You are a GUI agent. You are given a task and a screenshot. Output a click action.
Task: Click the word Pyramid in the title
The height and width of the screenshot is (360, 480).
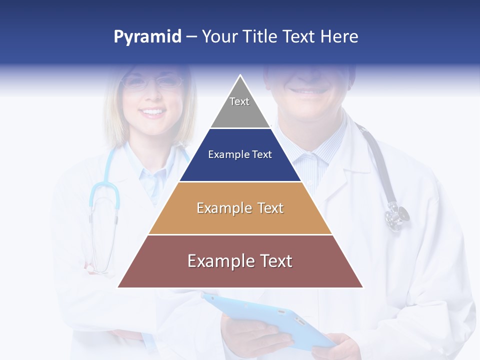[147, 36]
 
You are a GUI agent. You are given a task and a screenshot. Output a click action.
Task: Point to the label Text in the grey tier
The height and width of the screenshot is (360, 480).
[239, 101]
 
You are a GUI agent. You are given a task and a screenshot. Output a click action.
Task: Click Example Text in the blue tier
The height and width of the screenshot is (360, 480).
[240, 154]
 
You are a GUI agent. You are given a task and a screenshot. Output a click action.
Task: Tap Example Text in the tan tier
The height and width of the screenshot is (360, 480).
[240, 207]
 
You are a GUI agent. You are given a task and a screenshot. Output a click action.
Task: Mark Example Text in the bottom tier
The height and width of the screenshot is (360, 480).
[240, 261]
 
